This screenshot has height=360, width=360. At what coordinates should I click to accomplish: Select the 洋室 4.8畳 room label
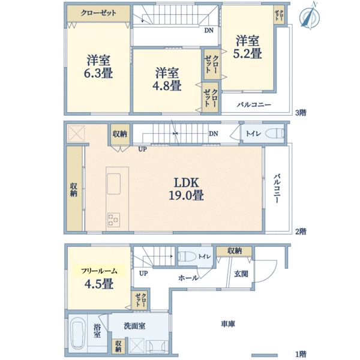[167, 79]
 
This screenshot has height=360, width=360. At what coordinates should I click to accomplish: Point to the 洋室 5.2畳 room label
[247, 47]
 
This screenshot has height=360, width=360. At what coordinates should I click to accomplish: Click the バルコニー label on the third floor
[253, 105]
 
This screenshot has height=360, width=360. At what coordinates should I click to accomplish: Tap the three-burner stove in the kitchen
[113, 220]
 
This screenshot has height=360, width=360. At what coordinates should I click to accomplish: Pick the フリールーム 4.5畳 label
[99, 278]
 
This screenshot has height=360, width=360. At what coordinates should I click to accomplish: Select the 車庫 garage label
[227, 324]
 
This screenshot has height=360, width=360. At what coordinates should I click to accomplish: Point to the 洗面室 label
[135, 326]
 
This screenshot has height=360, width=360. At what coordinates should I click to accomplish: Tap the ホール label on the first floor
[188, 278]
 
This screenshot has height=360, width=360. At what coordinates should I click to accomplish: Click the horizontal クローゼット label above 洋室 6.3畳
[99, 13]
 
